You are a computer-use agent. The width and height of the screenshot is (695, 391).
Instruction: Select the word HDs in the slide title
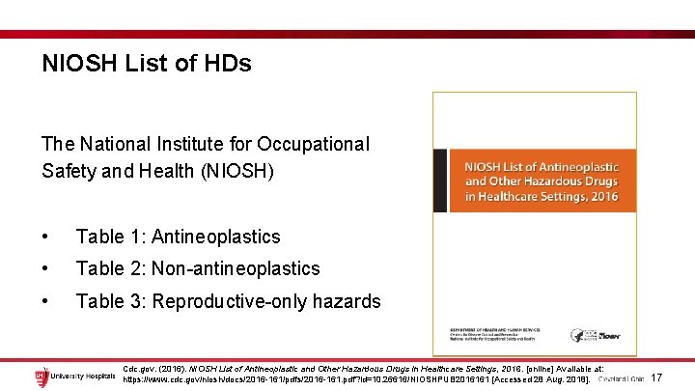228,65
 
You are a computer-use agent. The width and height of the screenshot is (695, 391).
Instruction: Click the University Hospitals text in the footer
83,377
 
